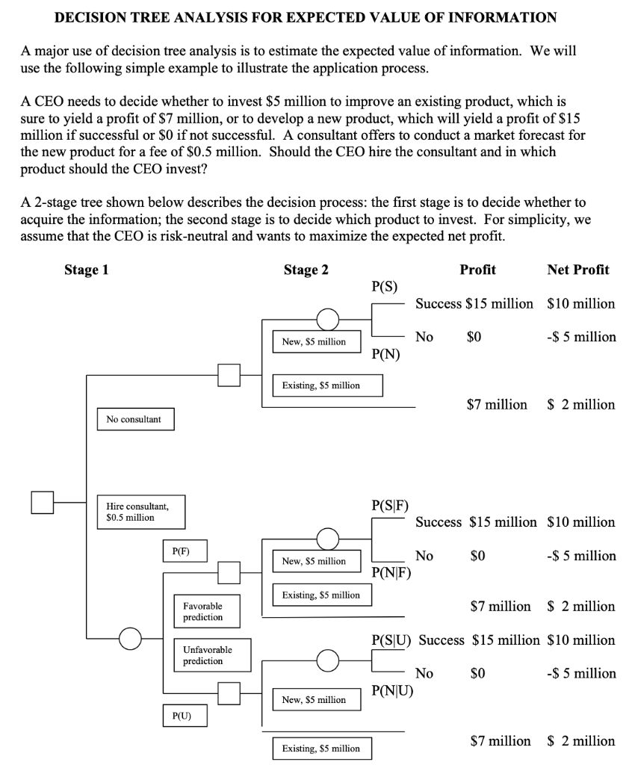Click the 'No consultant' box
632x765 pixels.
(134, 419)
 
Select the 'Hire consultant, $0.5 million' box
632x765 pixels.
(140, 512)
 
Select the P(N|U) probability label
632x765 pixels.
(391, 690)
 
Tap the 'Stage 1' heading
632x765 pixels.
(86, 270)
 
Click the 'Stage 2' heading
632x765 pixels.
(306, 270)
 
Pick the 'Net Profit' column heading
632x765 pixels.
(577, 270)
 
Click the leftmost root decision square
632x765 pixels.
(43, 502)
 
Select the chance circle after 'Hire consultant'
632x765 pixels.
(130, 639)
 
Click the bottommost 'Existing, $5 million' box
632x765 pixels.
(320, 748)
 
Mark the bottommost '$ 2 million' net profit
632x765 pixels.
(581, 740)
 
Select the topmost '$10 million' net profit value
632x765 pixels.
(581, 303)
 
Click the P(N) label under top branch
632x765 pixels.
(385, 354)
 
